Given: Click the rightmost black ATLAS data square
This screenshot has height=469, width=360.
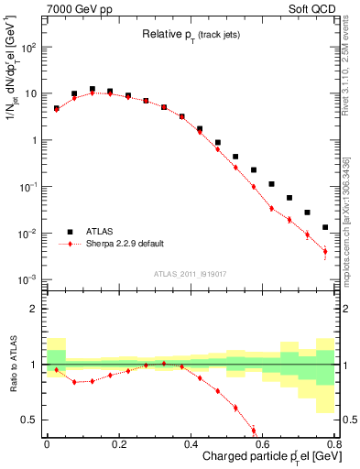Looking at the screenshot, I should coord(325,227).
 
